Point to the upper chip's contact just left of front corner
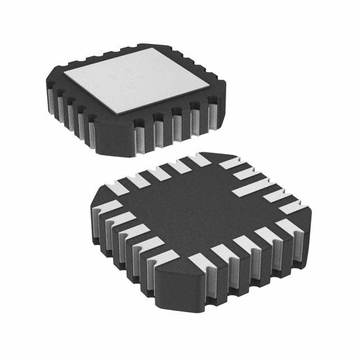[x=92, y=135]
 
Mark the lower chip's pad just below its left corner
[x=107, y=208]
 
